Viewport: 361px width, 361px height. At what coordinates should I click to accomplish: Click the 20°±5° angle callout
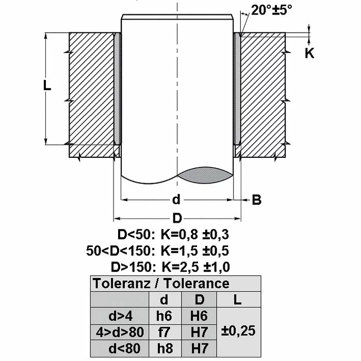click(271, 10)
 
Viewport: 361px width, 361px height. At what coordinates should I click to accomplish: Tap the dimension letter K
click(309, 53)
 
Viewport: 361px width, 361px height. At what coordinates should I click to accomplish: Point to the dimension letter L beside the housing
click(47, 86)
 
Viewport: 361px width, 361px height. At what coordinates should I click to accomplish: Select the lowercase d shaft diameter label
click(176, 200)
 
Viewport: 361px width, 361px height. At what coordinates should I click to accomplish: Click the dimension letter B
click(257, 200)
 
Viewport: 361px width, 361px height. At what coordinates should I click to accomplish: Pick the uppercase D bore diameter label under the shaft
click(177, 218)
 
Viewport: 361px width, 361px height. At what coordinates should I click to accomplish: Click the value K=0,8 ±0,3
click(195, 235)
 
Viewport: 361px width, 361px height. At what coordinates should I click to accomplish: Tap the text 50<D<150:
click(121, 251)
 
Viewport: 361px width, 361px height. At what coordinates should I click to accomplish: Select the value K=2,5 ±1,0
click(195, 267)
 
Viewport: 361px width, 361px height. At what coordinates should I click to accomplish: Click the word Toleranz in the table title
click(122, 283)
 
